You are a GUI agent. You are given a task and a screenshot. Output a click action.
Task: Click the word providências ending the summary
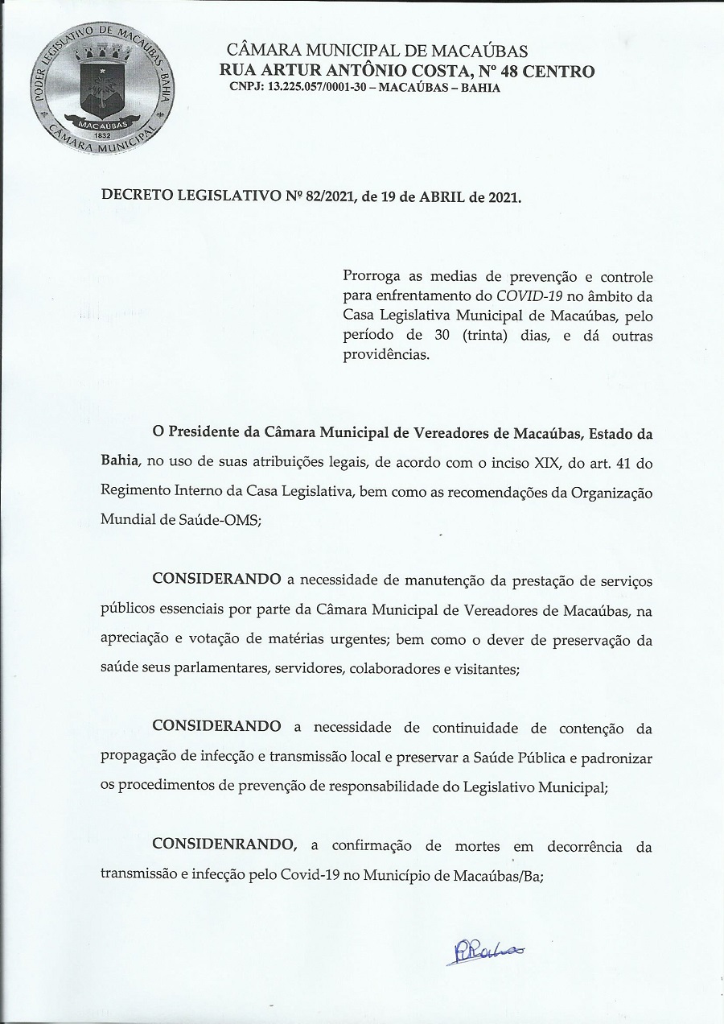tap(385, 354)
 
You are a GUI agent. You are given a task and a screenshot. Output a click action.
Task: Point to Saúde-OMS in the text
tap(219, 519)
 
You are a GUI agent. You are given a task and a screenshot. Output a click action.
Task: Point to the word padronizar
tap(617, 758)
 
